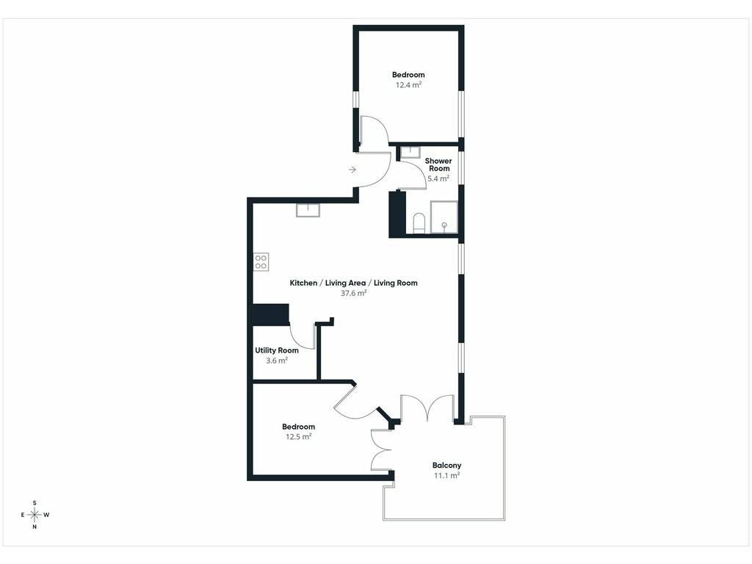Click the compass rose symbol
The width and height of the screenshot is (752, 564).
pos(35,515)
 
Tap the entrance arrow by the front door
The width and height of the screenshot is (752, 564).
pos(352,170)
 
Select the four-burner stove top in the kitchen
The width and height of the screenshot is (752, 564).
pos(261,262)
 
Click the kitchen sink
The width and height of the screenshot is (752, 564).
pos(308,210)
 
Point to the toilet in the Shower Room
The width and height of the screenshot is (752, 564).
pos(419,223)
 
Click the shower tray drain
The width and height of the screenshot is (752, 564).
pos(444,225)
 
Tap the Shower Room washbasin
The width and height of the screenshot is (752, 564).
pos(411,152)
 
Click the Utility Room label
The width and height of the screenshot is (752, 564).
pos(277,350)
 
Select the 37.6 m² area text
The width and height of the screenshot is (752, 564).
pos(353,293)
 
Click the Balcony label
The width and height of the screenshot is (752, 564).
pos(446,465)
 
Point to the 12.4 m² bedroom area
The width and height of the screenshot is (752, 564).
pos(408,85)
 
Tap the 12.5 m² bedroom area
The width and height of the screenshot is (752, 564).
pos(298,436)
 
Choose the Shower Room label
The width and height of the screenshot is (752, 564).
pos(438,164)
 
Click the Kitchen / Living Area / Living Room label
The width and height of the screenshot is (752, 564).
pos(353,283)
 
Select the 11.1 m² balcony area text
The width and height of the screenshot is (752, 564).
pos(446,475)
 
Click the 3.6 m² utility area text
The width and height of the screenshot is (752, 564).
pos(277,360)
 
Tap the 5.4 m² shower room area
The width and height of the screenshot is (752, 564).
pos(438,178)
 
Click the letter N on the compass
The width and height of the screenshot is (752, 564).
pos(35,527)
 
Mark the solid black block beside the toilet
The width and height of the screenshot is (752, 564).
pos(397,214)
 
